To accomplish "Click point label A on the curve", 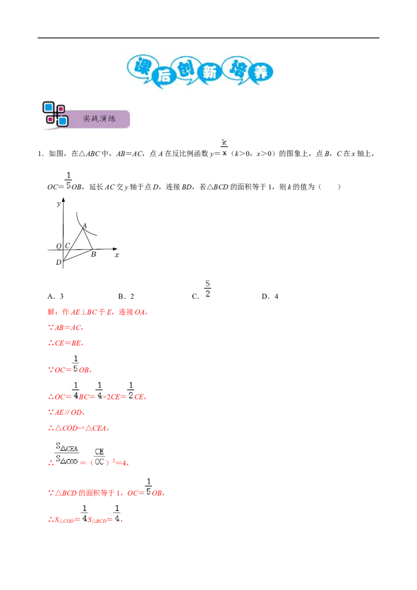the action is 84,226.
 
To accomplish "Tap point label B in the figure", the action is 94,254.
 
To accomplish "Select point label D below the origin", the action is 58,262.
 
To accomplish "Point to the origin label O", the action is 59,246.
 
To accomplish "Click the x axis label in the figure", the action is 117,255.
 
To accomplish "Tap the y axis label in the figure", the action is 59,204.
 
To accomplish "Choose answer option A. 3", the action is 55,297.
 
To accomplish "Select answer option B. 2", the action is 126,297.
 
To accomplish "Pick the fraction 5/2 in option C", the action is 208,289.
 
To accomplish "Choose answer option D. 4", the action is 270,297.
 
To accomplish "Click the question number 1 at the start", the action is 40,154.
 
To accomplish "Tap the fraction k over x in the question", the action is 224,147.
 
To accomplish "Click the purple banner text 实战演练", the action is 100,118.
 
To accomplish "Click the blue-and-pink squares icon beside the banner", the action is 55,114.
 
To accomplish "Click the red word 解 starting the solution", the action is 52,312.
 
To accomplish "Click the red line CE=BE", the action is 66,343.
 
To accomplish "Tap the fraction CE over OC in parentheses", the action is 100,457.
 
